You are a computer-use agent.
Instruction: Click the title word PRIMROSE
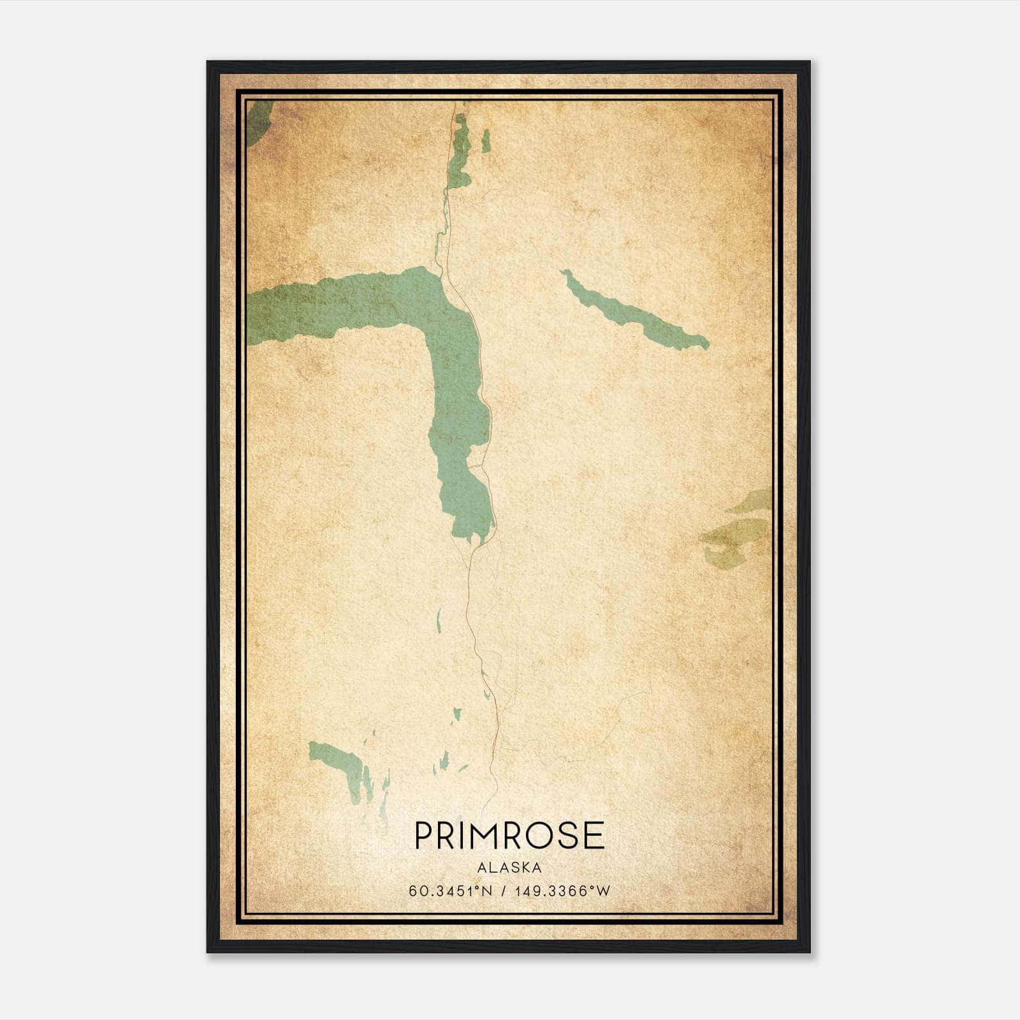pyautogui.click(x=509, y=835)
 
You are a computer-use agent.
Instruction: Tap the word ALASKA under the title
pyautogui.click(x=509, y=868)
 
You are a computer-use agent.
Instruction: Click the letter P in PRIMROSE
pyautogui.click(x=424, y=835)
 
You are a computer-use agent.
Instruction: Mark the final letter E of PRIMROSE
pyautogui.click(x=594, y=835)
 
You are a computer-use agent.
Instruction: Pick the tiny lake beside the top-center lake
pyautogui.click(x=486, y=142)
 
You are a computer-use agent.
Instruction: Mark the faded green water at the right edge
pyautogui.click(x=739, y=529)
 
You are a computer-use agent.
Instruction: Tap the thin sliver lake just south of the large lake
pyautogui.click(x=439, y=618)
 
